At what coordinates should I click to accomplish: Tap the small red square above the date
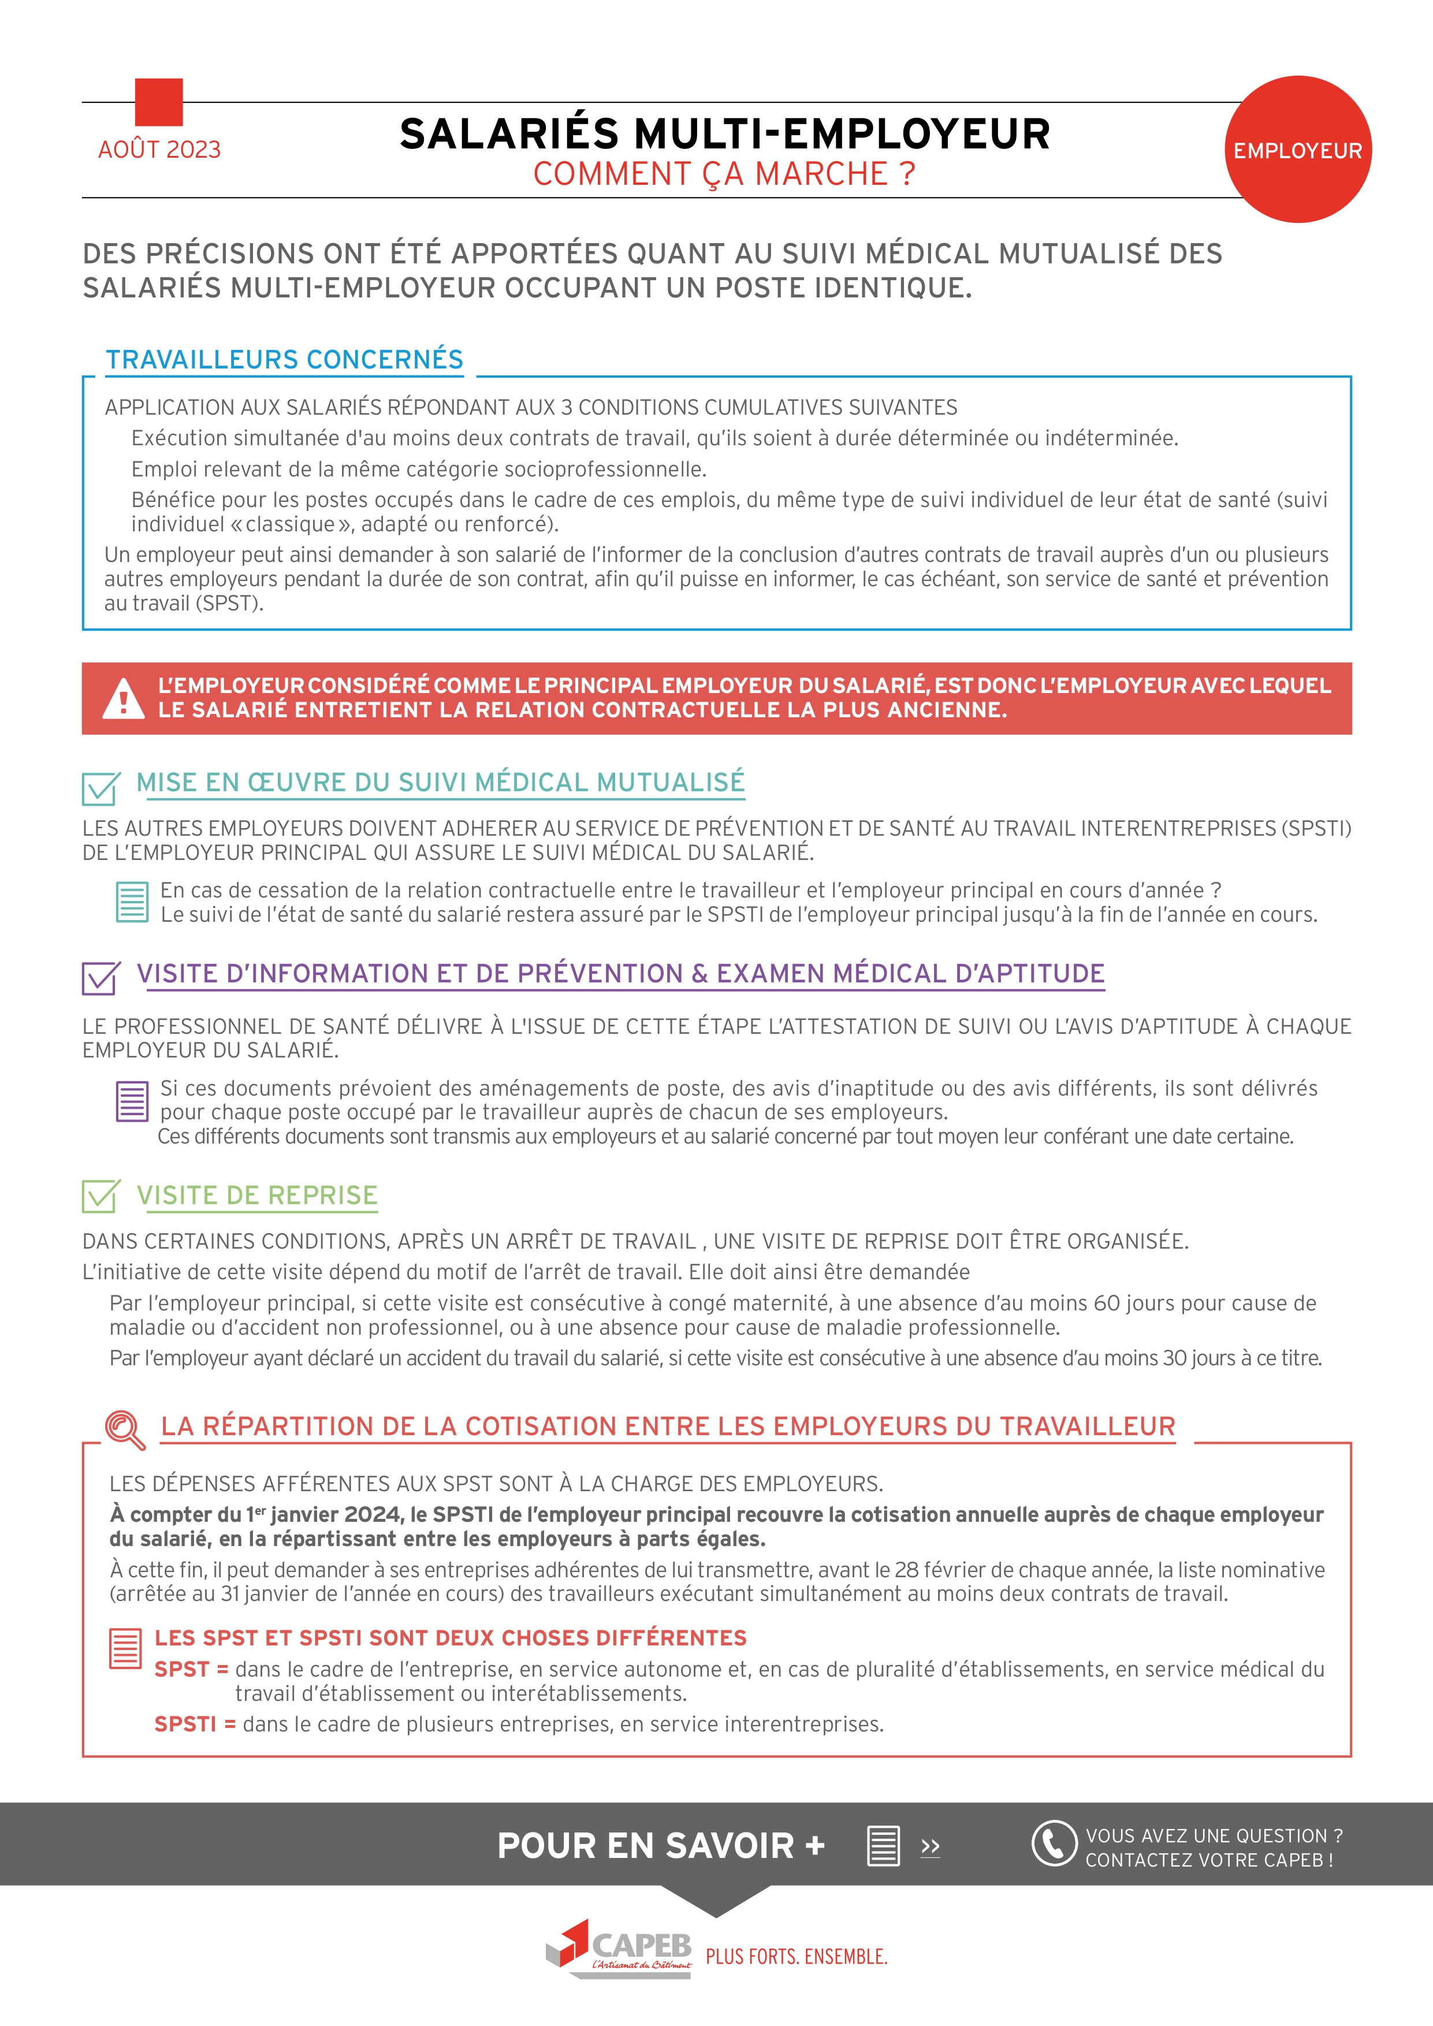pos(159,102)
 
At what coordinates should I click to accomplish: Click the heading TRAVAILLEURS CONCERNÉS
pos(284,360)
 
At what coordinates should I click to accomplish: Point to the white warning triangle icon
pos(124,698)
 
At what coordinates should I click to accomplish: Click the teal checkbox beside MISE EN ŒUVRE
pos(101,787)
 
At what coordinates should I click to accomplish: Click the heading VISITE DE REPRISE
pos(257,1196)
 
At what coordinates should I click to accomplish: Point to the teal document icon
pos(132,902)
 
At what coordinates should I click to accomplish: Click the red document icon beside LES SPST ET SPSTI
pos(125,1648)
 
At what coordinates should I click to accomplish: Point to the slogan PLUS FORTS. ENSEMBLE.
pos(796,1957)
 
